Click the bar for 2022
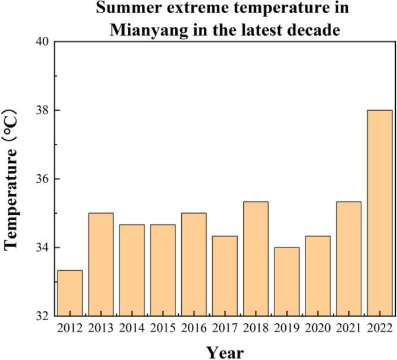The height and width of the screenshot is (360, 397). [379, 213]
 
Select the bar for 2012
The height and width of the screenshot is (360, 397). [70, 293]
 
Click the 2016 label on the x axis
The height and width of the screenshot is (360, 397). [193, 327]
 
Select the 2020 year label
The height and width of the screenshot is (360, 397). [317, 327]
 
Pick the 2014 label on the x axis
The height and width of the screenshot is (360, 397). [131, 327]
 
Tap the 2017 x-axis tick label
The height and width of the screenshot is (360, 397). [225, 327]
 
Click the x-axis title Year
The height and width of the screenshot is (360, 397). [225, 351]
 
